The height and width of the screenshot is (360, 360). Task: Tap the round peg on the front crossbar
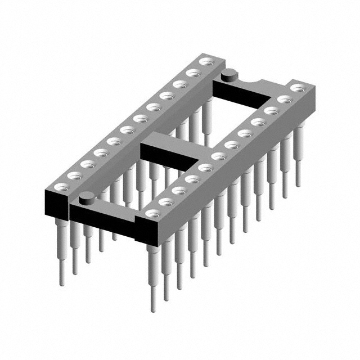click(x=86, y=197)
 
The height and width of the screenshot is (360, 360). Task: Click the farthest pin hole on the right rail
click(x=298, y=88)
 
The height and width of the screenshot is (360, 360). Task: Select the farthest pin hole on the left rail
click(x=206, y=61)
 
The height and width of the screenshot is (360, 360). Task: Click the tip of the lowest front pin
click(x=152, y=309)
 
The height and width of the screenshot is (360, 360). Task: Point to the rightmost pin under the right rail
click(x=298, y=169)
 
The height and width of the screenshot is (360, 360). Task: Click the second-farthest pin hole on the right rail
click(x=285, y=99)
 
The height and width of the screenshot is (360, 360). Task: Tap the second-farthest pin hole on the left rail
click(x=193, y=72)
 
